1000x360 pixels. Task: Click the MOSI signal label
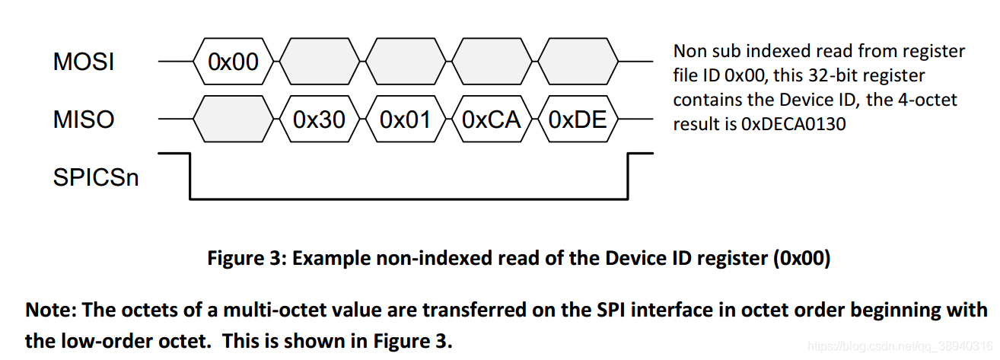point(84,62)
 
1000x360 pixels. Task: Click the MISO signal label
point(84,120)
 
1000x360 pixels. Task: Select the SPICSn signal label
point(96,177)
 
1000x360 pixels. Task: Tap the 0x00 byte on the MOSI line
point(234,62)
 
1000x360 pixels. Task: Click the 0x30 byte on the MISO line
point(320,120)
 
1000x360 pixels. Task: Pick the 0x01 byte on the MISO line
point(405,120)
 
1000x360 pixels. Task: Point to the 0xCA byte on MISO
point(491,120)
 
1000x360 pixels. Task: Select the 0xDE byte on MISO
point(577,120)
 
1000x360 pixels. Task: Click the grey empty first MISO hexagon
point(234,120)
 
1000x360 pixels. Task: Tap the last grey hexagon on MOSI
point(577,62)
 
